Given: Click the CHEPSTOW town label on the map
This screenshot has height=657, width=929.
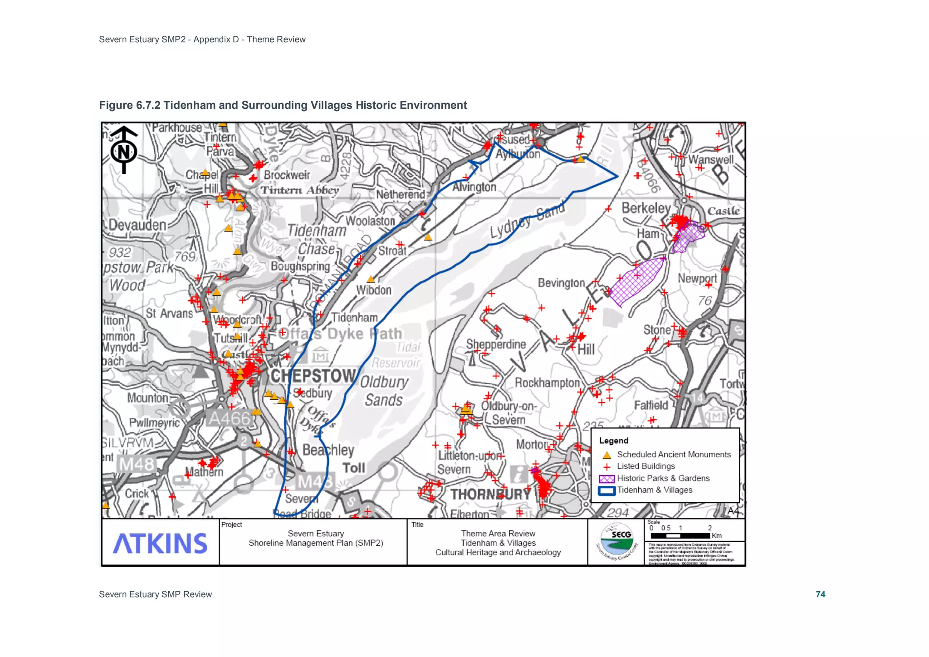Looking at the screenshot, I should click(313, 376).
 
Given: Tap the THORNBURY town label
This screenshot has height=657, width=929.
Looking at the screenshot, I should click(490, 494).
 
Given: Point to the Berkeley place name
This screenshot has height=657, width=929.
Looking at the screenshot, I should click(646, 208).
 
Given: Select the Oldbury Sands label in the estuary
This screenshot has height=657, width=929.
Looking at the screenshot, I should click(384, 391).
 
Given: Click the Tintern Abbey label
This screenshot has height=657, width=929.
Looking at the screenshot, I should click(299, 190).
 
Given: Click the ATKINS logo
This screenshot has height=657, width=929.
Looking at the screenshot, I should click(160, 543).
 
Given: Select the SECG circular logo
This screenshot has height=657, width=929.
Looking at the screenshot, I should click(616, 542).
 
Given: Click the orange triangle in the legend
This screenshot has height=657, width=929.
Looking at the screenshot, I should click(606, 455).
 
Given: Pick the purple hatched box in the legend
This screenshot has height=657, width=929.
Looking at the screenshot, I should click(606, 479).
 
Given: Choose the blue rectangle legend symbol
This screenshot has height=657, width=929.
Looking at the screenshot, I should click(606, 490).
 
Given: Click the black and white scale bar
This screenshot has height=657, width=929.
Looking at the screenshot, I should click(680, 536).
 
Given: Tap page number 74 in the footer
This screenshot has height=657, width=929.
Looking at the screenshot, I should click(820, 594).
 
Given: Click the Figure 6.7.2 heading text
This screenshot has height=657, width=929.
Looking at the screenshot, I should click(283, 105).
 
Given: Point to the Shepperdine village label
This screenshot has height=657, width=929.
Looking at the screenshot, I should click(496, 344).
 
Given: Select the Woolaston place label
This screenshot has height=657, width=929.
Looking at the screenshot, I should click(371, 221).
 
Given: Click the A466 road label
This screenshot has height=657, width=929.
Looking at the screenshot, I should click(229, 418).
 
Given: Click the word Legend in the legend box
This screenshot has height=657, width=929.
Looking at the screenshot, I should click(613, 441).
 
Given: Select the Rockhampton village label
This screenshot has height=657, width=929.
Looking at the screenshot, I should click(547, 383).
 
